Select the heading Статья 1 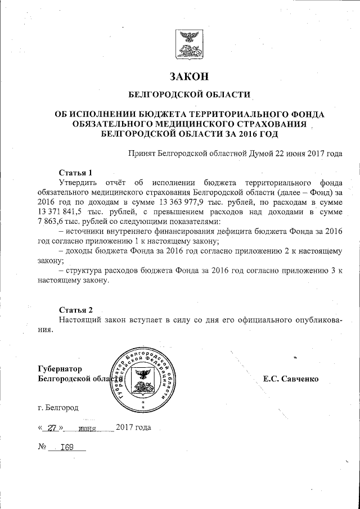(75, 172)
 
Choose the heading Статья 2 (75, 309)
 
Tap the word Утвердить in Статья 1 (78, 183)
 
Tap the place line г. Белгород (56, 407)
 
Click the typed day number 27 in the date (53, 427)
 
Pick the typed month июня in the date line (88, 428)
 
